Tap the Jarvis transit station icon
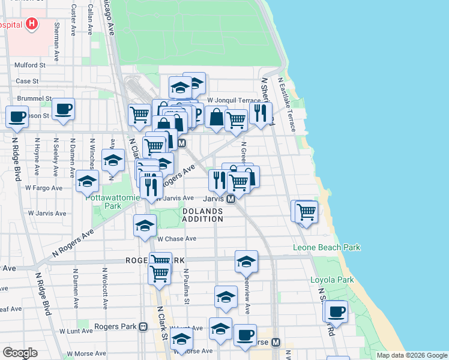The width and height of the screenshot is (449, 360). [230, 198]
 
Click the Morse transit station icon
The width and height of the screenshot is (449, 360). [276, 342]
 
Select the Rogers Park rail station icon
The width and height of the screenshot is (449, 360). [143, 326]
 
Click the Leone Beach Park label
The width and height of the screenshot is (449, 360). [327, 247]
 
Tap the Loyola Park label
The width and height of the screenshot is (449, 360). [332, 280]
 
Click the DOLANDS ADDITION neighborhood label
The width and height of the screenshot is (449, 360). [202, 215]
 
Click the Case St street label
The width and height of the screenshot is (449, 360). [27, 81]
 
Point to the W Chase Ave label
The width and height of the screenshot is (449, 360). [177, 238]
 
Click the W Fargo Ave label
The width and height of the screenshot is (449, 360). [44, 188]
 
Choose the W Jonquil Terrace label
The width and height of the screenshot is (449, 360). [234, 100]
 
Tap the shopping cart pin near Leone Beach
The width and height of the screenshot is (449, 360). [307, 212]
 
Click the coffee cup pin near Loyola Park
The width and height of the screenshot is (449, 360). [337, 312]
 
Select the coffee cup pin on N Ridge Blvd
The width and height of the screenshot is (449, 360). [17, 116]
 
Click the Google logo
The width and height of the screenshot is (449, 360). [20, 353]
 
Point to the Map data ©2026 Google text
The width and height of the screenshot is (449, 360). [411, 355]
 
